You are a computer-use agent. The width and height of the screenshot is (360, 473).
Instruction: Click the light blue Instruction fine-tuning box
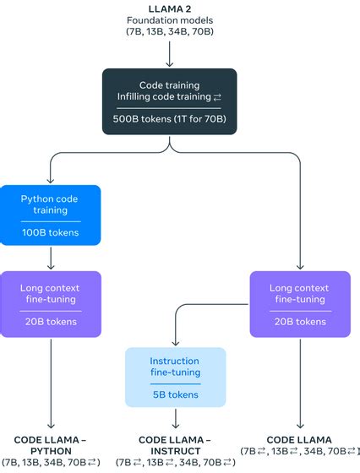tap(176, 377)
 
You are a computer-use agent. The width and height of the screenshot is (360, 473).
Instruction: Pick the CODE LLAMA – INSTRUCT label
tap(176, 445)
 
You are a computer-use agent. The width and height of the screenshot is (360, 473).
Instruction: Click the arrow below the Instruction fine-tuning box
tap(176, 420)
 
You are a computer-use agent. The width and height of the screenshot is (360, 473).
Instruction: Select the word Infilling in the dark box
tap(138, 96)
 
